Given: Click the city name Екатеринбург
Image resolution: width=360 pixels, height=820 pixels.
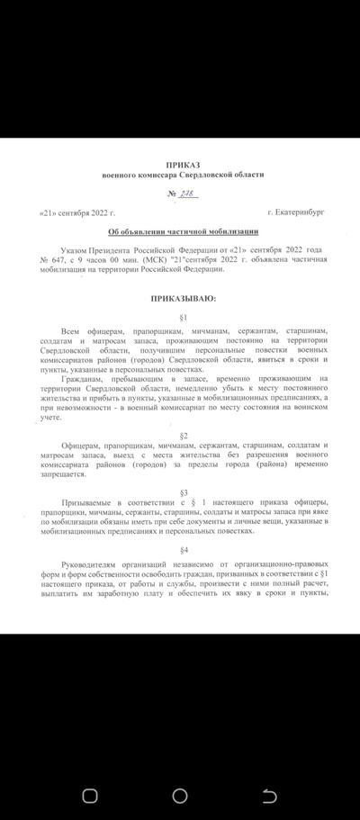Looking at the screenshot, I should (x=297, y=212).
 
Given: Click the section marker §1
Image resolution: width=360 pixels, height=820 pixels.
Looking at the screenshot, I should (x=183, y=318).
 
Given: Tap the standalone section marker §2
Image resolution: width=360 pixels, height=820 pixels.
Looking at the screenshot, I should (x=183, y=435).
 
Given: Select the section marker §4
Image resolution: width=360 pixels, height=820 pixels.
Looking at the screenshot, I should (x=183, y=549).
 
